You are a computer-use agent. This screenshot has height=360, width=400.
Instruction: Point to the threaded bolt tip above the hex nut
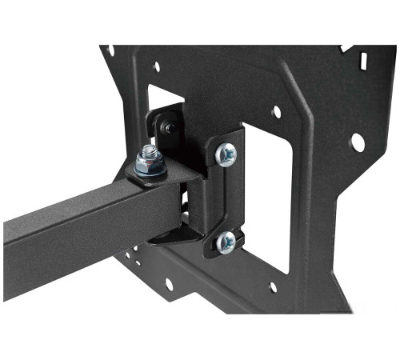[148, 151]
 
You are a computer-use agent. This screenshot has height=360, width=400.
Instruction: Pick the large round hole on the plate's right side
[357, 142]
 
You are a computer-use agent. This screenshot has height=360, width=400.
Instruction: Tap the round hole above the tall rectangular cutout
[276, 112]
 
